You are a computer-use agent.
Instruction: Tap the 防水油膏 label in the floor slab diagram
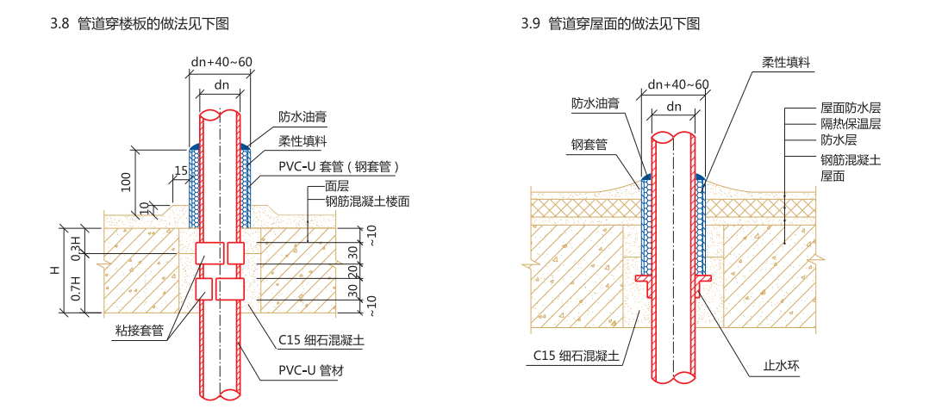point(302,116)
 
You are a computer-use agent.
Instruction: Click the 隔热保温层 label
point(850,123)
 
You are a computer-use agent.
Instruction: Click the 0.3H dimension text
point(75,245)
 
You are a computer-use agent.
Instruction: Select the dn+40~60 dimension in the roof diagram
point(678,84)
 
